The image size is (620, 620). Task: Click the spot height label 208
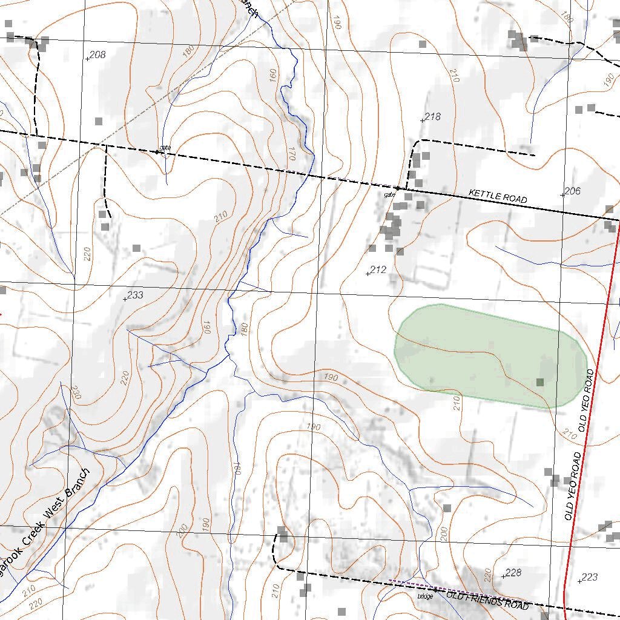coord(97,55)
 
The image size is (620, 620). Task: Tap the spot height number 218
coord(432,117)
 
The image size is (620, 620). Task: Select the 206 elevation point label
coord(572,191)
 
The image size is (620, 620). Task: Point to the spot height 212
coord(378,270)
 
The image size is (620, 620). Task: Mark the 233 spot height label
coord(135,295)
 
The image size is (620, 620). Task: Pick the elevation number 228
coord(513,573)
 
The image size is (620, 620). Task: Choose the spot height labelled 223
coord(589,578)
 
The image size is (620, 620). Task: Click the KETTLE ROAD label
coord(498,196)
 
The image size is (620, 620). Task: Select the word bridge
coord(425,596)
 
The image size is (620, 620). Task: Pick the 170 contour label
coord(292,154)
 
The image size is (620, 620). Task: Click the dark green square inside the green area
coord(540,382)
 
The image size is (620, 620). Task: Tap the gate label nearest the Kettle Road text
coord(389,195)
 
